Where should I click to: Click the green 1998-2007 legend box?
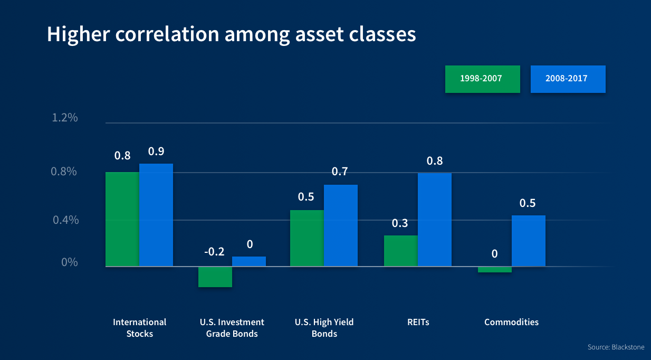tap(482, 79)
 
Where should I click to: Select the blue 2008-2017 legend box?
tap(568, 79)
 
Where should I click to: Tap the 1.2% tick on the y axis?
tap(65, 118)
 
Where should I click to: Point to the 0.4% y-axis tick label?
tap(66, 220)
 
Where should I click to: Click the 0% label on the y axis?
tap(69, 262)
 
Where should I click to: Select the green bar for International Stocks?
tap(122, 219)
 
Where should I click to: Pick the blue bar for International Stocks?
tap(156, 215)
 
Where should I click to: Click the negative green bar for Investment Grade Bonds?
tap(215, 277)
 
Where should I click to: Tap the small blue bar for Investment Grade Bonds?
tap(249, 261)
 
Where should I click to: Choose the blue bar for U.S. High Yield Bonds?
tap(341, 225)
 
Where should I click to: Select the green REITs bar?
tap(401, 251)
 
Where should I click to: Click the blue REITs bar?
tap(435, 220)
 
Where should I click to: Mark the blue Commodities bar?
tap(529, 241)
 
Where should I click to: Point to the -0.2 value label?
tap(214, 251)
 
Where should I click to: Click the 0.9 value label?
tap(156, 151)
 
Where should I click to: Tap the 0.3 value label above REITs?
tap(400, 223)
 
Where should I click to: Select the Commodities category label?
tap(511, 322)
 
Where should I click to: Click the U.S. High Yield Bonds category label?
tap(324, 328)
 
